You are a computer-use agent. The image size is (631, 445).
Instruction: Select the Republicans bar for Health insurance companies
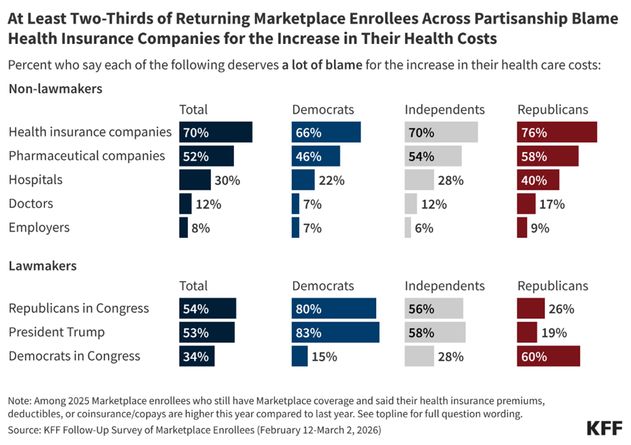point(557,133)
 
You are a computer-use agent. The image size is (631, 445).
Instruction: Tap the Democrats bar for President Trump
point(335,332)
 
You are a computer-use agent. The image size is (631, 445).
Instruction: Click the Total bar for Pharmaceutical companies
point(206,156)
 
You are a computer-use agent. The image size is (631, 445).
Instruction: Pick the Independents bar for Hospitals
point(419,180)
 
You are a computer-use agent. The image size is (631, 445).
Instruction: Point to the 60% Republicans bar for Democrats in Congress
point(549,356)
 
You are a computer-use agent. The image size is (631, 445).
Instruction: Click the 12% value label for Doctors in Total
point(208,204)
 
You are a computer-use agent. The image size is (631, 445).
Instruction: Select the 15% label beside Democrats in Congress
point(324,356)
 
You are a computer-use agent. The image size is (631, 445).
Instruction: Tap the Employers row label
point(39,227)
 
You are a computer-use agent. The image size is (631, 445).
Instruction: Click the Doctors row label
point(31,204)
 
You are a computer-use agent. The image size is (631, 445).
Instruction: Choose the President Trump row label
point(56,332)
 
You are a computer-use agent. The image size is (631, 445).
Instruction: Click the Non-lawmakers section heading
point(55,89)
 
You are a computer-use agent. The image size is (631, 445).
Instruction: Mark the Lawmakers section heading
point(43,265)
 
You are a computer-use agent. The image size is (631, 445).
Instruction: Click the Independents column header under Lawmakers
point(445,286)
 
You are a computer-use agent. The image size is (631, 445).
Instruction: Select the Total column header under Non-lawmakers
point(193,109)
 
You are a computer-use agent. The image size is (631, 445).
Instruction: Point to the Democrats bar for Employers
point(296,227)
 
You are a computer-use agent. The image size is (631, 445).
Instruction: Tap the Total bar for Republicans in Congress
point(207,309)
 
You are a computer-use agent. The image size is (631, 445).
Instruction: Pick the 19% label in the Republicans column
point(554,333)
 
